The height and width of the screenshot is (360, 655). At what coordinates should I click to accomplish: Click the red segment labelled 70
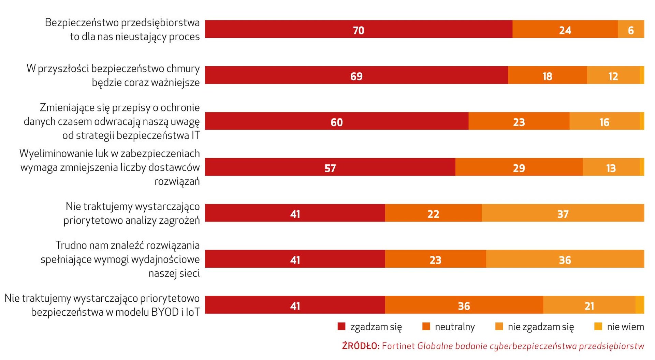[358, 29]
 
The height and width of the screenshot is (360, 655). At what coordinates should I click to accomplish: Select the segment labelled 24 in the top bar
[565, 29]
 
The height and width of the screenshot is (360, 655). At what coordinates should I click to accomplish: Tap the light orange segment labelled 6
[631, 29]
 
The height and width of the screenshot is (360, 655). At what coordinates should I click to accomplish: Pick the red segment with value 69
[356, 75]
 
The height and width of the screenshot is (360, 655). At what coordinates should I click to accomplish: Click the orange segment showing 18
[547, 75]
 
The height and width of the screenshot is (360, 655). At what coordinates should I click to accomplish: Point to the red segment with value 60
[336, 121]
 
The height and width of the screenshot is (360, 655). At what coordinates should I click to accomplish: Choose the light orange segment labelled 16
[604, 121]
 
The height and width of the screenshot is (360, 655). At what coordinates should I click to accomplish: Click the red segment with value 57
[330, 167]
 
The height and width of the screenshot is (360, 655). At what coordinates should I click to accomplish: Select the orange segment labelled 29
[519, 167]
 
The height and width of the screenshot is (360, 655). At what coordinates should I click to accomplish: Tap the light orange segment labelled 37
[563, 213]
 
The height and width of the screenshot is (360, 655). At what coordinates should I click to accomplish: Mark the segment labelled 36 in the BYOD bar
[464, 305]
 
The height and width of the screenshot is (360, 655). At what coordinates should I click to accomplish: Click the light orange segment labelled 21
[589, 305]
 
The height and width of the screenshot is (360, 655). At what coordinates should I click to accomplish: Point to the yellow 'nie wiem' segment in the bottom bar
[640, 305]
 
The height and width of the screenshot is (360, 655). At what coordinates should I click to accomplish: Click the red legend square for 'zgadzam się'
[341, 327]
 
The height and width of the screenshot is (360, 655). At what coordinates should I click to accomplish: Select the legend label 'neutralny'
[455, 327]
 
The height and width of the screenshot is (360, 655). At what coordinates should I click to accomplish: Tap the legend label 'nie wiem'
[625, 327]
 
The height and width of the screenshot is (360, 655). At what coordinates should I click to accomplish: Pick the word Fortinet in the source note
[398, 346]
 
